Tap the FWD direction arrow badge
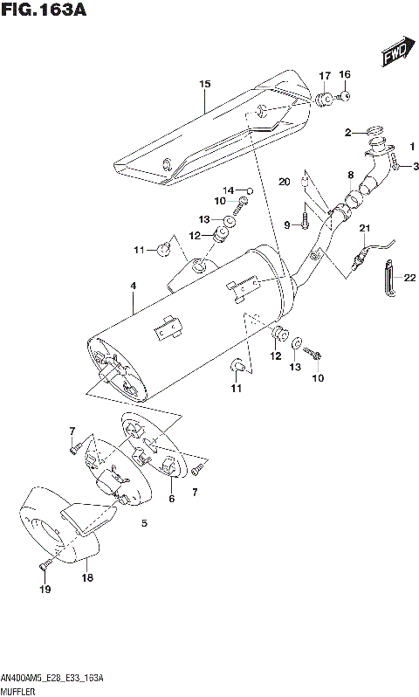coord(395,56)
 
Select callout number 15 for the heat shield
coord(205,85)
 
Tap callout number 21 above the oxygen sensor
coord(365,229)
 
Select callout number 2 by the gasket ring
coord(347,133)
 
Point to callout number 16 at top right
coord(344,74)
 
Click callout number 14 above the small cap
coord(226,190)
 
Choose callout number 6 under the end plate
coord(171,499)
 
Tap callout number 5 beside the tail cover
coord(145,524)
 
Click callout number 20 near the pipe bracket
coord(282,182)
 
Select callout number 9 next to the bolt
coord(286,224)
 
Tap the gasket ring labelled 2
coord(375,135)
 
